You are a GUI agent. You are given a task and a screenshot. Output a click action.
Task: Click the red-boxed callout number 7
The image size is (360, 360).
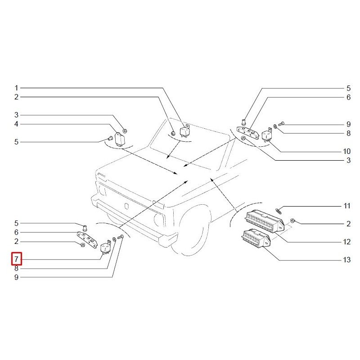(16, 259)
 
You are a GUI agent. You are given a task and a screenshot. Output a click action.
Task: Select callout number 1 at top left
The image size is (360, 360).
(16, 88)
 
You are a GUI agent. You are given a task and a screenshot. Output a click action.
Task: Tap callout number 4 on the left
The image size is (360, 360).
(16, 124)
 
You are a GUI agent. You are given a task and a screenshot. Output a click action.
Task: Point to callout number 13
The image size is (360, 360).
(346, 260)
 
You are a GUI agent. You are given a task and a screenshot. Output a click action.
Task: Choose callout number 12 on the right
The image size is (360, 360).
(346, 242)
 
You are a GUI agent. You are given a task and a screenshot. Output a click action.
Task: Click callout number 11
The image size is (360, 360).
(347, 206)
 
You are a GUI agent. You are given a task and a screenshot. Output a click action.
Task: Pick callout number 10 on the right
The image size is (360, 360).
(346, 151)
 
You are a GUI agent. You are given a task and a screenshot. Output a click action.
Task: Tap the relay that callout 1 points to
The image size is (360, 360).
(185, 131)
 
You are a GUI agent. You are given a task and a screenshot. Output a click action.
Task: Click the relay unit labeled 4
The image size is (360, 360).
(120, 139)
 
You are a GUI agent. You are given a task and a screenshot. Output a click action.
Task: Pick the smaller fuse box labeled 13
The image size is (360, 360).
(256, 238)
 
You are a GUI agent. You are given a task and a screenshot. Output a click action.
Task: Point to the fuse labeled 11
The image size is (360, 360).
(278, 210)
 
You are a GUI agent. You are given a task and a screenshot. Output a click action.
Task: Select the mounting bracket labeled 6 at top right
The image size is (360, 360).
(249, 132)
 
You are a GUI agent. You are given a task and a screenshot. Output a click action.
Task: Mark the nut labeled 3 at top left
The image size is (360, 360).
(125, 131)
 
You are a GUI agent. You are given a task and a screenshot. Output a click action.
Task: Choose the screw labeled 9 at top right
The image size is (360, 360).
(281, 123)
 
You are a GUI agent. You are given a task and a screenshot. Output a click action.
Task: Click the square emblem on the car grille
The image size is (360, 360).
(126, 206)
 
